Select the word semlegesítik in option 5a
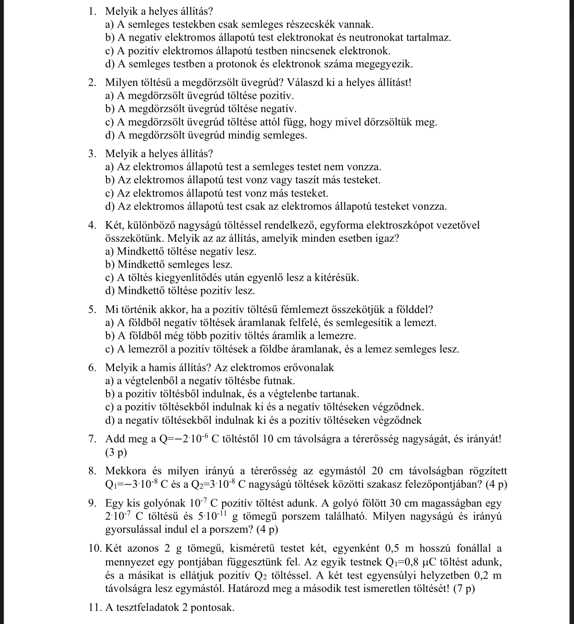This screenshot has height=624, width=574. [365, 323]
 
